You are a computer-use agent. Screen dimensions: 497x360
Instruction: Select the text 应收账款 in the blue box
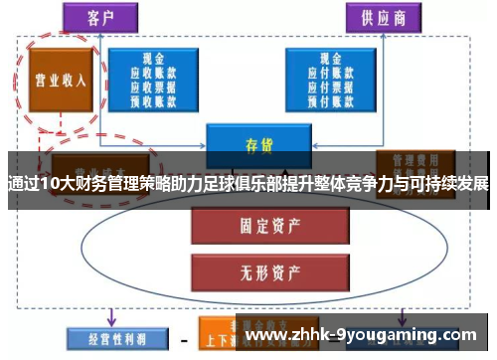(154, 73)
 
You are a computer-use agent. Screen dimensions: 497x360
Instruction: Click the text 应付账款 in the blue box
(328, 73)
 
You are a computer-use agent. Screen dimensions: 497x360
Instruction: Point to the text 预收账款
(154, 99)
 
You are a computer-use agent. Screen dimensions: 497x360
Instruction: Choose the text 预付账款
(328, 99)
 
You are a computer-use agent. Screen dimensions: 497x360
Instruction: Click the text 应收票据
(154, 87)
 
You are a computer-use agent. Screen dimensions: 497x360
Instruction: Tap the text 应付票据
(328, 87)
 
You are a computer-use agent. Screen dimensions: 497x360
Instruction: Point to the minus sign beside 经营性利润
(183, 337)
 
